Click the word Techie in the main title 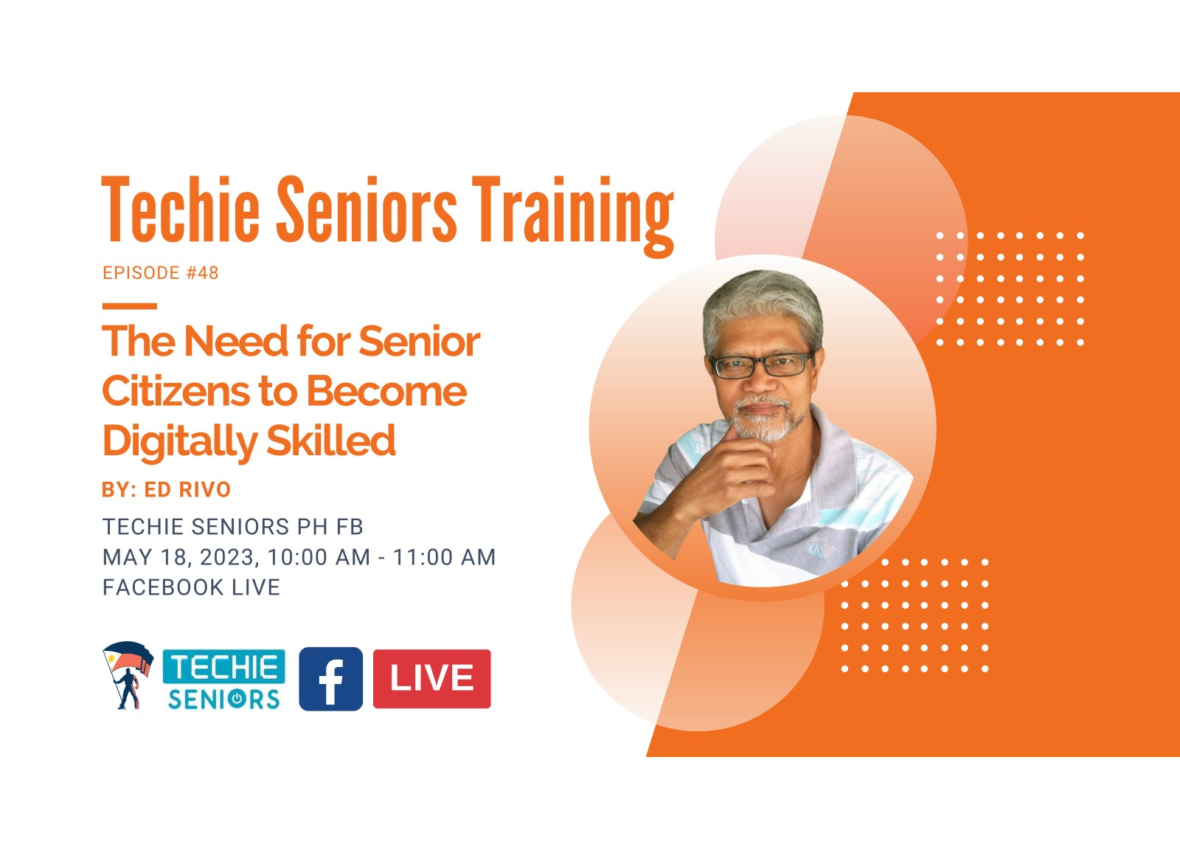(180, 209)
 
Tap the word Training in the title (572, 217)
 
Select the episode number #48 (202, 273)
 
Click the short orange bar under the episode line (130, 306)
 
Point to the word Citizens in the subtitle (176, 391)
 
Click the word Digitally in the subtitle (180, 441)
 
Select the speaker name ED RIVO (187, 489)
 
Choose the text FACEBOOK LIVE (191, 587)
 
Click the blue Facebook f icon (331, 679)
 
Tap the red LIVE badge (432, 679)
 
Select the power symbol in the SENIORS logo (237, 699)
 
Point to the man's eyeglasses (761, 365)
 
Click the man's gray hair (763, 305)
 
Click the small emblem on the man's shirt (816, 551)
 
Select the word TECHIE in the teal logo (224, 666)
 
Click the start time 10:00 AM (319, 557)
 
